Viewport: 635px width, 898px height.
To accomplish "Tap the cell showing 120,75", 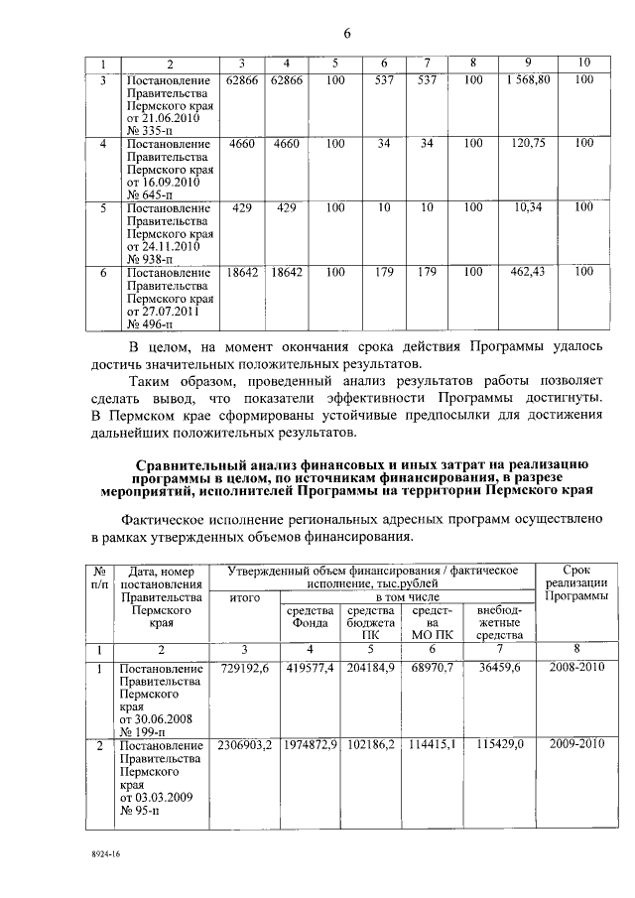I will [528, 143].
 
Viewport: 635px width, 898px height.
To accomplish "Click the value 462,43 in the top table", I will [528, 272].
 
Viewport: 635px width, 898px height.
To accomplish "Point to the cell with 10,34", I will [528, 207].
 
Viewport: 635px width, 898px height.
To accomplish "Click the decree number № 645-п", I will [149, 195].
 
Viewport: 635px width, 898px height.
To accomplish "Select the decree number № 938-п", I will [149, 260].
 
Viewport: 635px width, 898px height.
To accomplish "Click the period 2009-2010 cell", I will [576, 744].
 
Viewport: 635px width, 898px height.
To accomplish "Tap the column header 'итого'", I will [244, 597].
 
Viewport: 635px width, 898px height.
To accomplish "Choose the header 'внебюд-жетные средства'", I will [499, 621].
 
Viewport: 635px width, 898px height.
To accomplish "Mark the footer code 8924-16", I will [101, 852].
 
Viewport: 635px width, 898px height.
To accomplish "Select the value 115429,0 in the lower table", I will [500, 744].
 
